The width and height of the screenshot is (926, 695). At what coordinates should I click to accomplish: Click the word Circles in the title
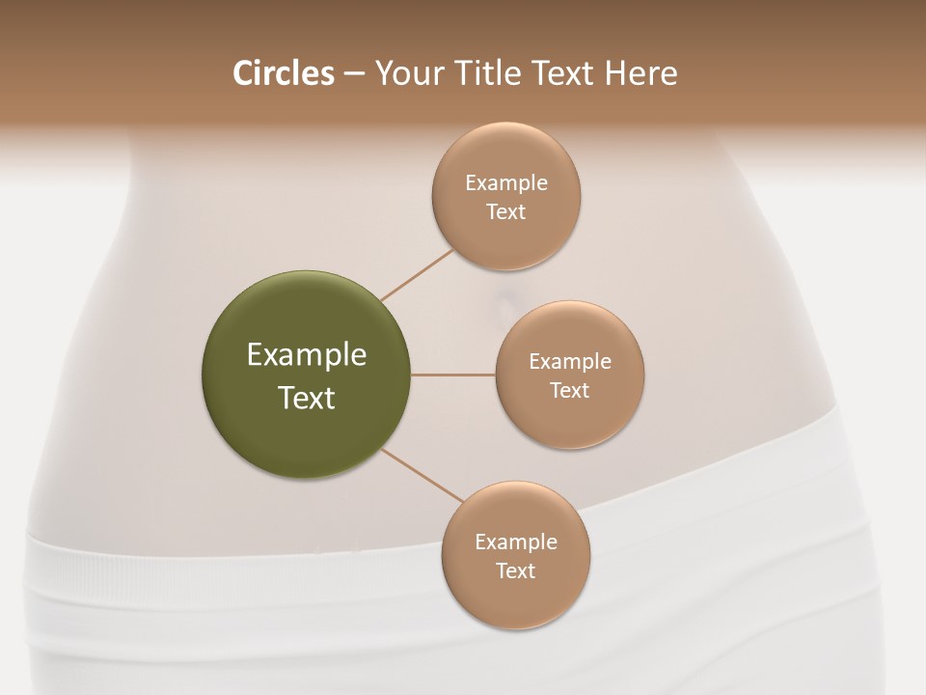(x=283, y=73)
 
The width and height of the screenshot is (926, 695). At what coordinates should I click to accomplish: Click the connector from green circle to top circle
(x=417, y=274)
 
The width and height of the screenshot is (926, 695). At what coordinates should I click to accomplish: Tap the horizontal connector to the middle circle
(x=453, y=375)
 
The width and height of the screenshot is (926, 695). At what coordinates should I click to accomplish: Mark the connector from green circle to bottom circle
(x=422, y=475)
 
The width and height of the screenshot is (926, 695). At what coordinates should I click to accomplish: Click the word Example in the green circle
(x=307, y=355)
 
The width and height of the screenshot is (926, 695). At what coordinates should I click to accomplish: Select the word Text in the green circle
(x=307, y=398)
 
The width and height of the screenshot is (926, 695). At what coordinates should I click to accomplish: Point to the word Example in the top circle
(x=506, y=182)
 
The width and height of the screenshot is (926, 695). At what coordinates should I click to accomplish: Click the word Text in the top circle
(x=506, y=212)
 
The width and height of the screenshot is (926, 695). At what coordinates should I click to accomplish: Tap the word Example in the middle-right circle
(x=570, y=361)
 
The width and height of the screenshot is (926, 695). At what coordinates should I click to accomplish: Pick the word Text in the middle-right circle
(x=570, y=390)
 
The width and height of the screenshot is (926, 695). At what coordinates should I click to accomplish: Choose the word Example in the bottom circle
(x=516, y=542)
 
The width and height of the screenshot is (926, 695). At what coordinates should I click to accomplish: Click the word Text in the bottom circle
(x=515, y=570)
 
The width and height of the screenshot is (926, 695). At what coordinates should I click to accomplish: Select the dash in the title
(x=354, y=74)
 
